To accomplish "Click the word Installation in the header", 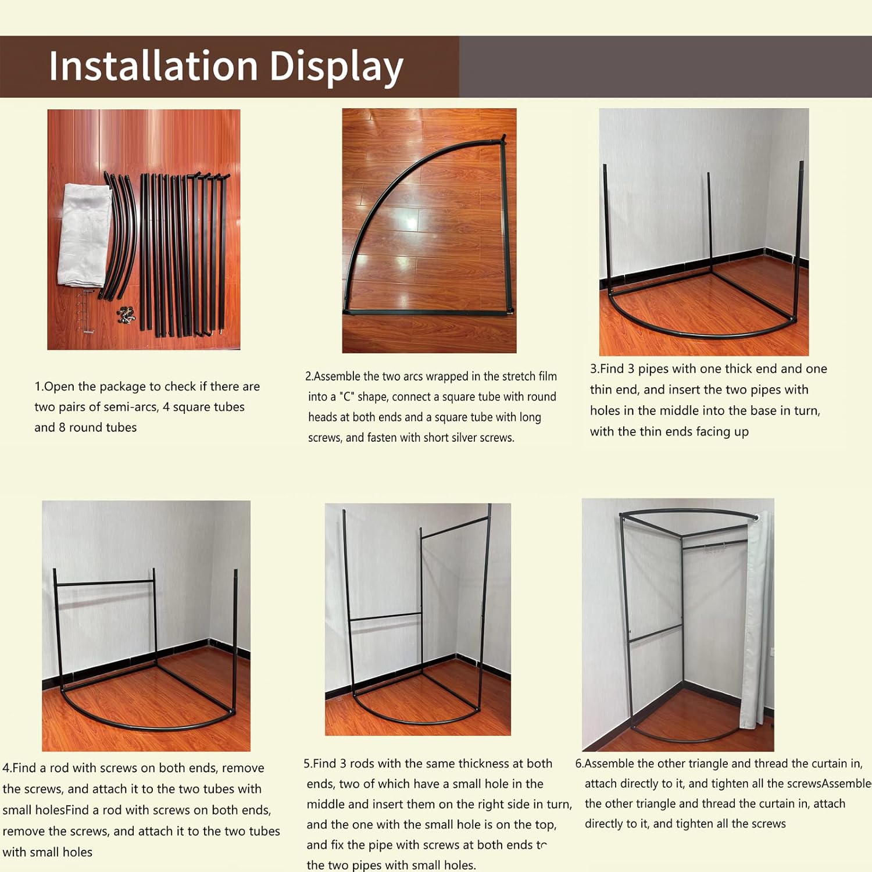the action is point(153,65).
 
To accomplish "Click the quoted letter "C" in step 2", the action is point(347,396).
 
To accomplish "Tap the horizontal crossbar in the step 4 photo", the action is point(105,582).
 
